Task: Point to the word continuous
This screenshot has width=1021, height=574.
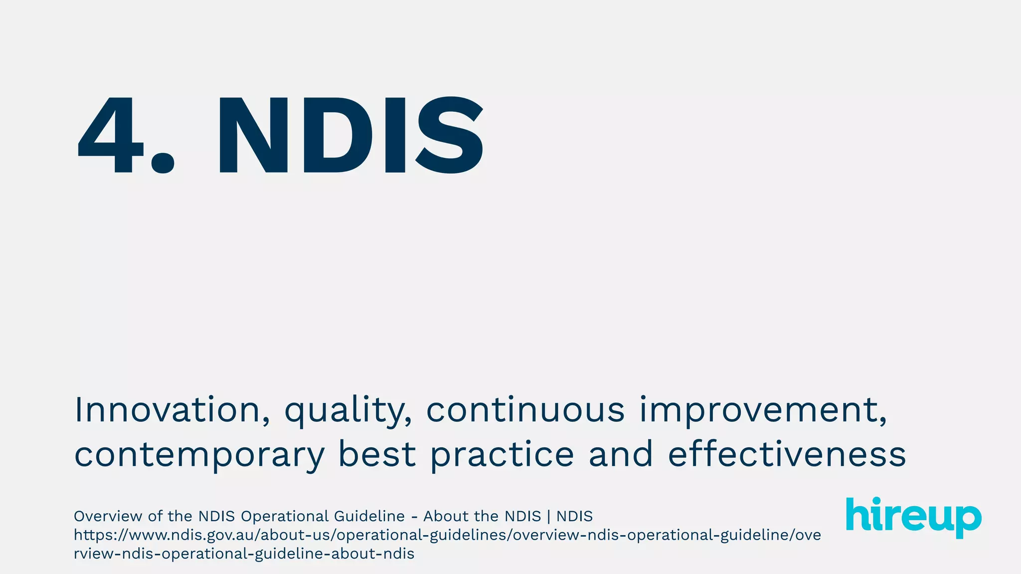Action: (525, 410)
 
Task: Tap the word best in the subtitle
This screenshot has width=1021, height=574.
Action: (377, 454)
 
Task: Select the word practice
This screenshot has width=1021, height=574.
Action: (502, 455)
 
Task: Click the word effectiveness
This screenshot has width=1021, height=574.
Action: (787, 454)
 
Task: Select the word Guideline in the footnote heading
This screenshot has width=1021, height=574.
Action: (369, 516)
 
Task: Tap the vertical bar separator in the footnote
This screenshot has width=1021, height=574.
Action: (548, 516)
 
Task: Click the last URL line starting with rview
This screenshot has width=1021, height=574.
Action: (244, 554)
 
